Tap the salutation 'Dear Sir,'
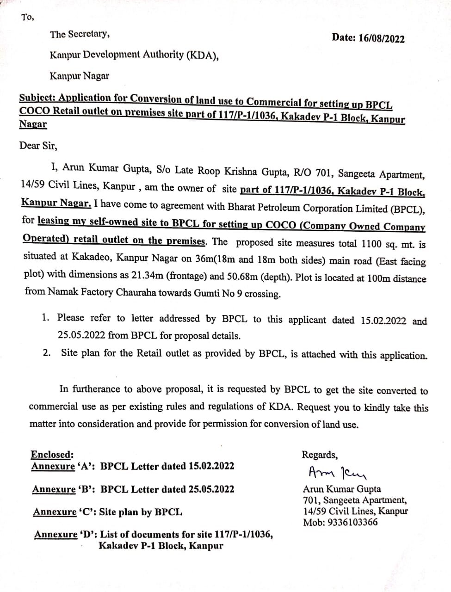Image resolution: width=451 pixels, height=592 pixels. [38, 145]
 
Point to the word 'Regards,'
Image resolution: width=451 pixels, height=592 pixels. [320, 455]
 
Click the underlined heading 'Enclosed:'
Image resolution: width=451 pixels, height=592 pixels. [52, 454]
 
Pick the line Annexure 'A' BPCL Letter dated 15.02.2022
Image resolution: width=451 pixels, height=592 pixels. [133, 466]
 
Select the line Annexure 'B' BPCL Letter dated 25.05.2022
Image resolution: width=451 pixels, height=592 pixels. [133, 489]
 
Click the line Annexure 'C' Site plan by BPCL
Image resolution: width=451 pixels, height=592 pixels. [107, 512]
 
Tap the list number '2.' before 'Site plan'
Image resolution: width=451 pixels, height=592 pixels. [47, 352]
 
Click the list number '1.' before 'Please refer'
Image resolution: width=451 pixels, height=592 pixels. [45, 318]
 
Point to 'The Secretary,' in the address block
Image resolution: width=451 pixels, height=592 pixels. [80, 34]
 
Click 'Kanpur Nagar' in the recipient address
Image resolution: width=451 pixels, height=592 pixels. [79, 76]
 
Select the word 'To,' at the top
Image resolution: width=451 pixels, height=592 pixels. [27, 17]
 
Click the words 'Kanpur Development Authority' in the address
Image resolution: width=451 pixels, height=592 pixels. [117, 55]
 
